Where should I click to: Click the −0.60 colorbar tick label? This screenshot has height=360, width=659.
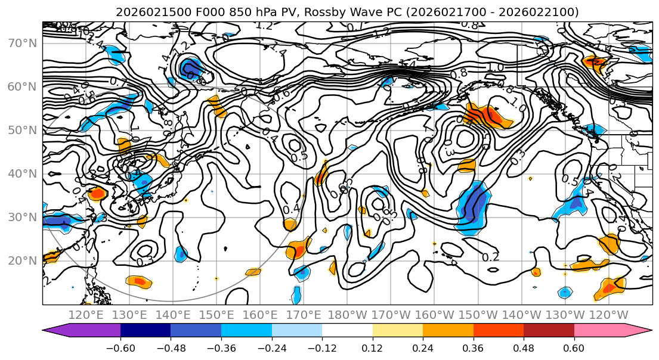tap(120, 347)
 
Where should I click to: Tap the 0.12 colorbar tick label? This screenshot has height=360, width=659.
tap(373, 347)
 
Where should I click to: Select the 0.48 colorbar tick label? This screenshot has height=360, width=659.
tap(524, 347)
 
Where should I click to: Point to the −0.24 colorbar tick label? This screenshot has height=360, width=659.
tap(271, 347)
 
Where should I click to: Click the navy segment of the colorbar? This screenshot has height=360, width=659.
tap(146, 330)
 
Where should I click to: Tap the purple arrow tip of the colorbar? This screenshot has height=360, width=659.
tap(51, 330)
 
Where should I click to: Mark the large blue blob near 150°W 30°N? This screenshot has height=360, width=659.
tap(475, 207)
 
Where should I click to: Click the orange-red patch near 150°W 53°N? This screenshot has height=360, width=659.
tap(487, 114)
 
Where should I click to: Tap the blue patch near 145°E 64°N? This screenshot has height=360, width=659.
tap(191, 67)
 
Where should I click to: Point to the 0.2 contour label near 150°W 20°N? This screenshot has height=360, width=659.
tap(490, 257)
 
